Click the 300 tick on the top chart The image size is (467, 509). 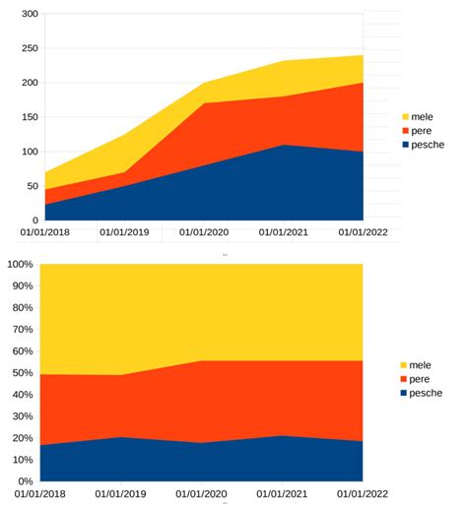pyautogui.click(x=29, y=15)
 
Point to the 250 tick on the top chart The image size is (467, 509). pyautogui.click(x=29, y=49)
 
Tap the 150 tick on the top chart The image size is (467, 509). pyautogui.click(x=29, y=117)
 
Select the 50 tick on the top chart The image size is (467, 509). pyautogui.click(x=32, y=186)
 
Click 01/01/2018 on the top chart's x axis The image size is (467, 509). pyautogui.click(x=46, y=233)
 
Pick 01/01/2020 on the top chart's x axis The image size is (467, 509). pyautogui.click(x=203, y=233)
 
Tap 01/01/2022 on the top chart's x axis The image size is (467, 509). pyautogui.click(x=364, y=233)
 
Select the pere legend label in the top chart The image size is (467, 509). pyautogui.click(x=421, y=130)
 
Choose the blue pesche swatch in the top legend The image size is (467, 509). pyautogui.click(x=403, y=145)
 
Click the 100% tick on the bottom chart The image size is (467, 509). pyautogui.click(x=22, y=265)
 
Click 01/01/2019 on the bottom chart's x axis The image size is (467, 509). pyautogui.click(x=124, y=494)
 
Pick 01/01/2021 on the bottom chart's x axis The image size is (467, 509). pyautogui.click(x=284, y=494)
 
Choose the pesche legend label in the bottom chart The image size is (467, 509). pyautogui.click(x=426, y=393)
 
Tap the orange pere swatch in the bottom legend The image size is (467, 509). pyautogui.click(x=402, y=379)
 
